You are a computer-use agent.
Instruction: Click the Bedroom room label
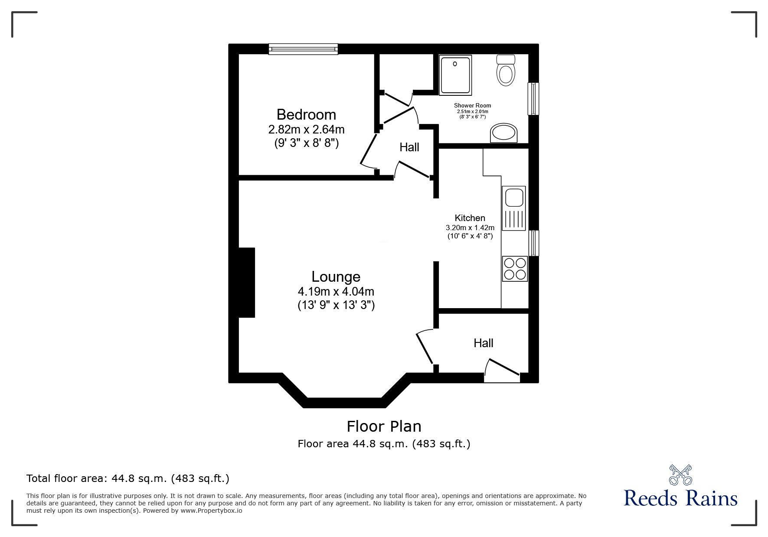(306, 114)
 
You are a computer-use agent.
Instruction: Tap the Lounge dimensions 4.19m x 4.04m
(336, 292)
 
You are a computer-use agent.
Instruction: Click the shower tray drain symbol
(455, 64)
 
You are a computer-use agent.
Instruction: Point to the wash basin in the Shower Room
(504, 133)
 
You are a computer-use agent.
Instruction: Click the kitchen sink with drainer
(514, 208)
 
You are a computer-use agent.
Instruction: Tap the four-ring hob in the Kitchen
(515, 269)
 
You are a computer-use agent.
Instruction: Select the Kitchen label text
(470, 218)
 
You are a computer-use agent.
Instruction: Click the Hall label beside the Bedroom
(409, 147)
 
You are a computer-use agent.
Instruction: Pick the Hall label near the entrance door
(483, 343)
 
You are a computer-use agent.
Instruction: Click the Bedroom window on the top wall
(303, 49)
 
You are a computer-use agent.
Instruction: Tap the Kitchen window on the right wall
(534, 243)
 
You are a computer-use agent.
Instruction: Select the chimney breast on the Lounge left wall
(246, 283)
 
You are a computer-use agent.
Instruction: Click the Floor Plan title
(384, 426)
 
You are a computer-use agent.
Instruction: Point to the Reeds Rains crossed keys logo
(680, 475)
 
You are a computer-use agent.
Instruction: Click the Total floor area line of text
(128, 478)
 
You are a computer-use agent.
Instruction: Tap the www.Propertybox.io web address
(211, 511)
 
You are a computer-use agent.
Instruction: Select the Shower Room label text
(472, 105)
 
